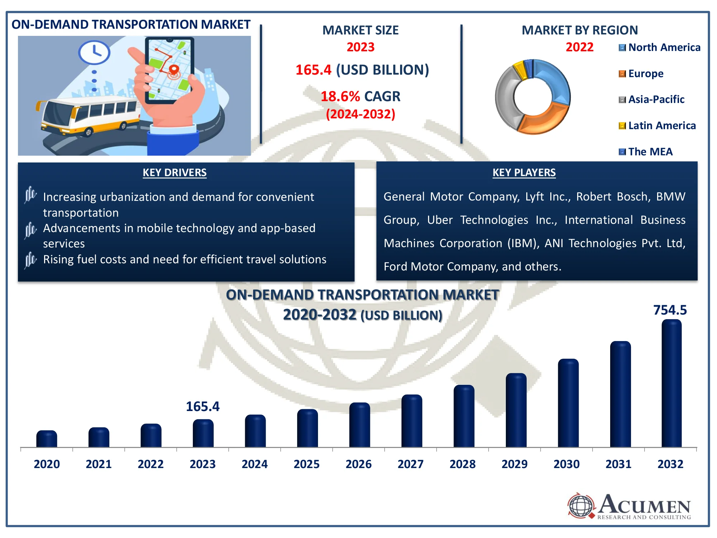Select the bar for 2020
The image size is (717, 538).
[x=47, y=439]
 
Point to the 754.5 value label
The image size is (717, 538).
[x=670, y=310]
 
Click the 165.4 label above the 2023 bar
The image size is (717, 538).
[x=203, y=406]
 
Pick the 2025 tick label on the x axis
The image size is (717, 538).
[x=307, y=464]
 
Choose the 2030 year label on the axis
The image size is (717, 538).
[x=566, y=464]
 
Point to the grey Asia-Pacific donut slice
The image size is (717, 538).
[x=505, y=97]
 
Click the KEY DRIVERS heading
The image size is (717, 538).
[x=175, y=173]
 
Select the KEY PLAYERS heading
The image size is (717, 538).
[x=524, y=173]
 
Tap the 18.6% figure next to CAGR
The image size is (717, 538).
[x=340, y=96]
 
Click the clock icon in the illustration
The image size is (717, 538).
[x=94, y=52]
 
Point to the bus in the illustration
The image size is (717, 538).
[x=90, y=115]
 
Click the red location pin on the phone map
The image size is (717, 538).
[x=174, y=70]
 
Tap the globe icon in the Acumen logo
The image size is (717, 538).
[x=581, y=506]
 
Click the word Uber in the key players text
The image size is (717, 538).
[x=440, y=220]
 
